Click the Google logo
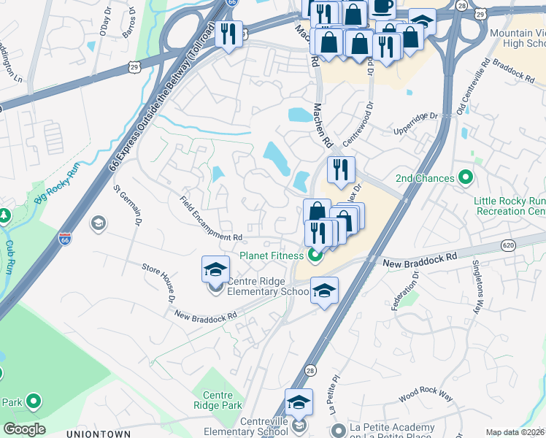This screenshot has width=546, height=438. point(23,429)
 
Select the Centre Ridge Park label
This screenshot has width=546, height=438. point(218,399)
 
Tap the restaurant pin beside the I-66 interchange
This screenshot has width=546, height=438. point(228,34)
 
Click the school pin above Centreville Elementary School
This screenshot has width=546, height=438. point(298,401)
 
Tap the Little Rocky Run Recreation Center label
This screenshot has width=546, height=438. point(509,206)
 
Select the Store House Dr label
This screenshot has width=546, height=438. point(158,283)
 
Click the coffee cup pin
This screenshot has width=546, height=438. point(382,6)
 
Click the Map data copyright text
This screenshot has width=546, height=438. point(515,432)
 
